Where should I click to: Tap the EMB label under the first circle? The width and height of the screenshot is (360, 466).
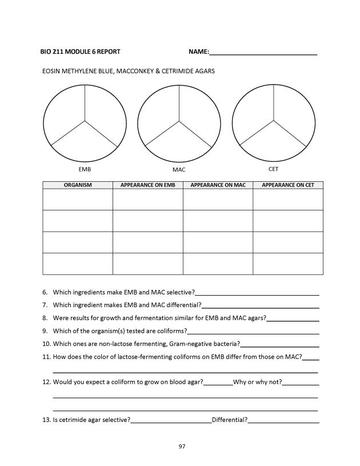(x=85, y=170)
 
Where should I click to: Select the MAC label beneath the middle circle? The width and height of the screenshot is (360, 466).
(x=179, y=170)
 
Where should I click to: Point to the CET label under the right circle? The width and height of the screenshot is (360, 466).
(x=273, y=169)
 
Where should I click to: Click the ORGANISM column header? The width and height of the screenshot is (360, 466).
(x=78, y=185)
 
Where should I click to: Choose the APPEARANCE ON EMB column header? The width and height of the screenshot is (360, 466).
(x=147, y=185)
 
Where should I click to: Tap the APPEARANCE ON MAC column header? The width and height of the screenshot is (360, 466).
(x=218, y=185)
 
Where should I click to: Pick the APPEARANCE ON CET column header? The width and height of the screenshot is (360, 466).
(x=288, y=185)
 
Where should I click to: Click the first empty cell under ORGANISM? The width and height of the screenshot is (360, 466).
(x=78, y=200)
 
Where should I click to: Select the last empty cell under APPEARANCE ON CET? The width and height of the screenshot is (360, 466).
(x=288, y=264)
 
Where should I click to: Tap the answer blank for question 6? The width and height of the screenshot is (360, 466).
(x=257, y=293)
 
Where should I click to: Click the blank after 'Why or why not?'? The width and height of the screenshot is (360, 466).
(x=301, y=383)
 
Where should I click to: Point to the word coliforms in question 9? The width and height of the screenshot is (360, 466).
(x=171, y=331)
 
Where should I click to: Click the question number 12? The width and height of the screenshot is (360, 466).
(x=46, y=382)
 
